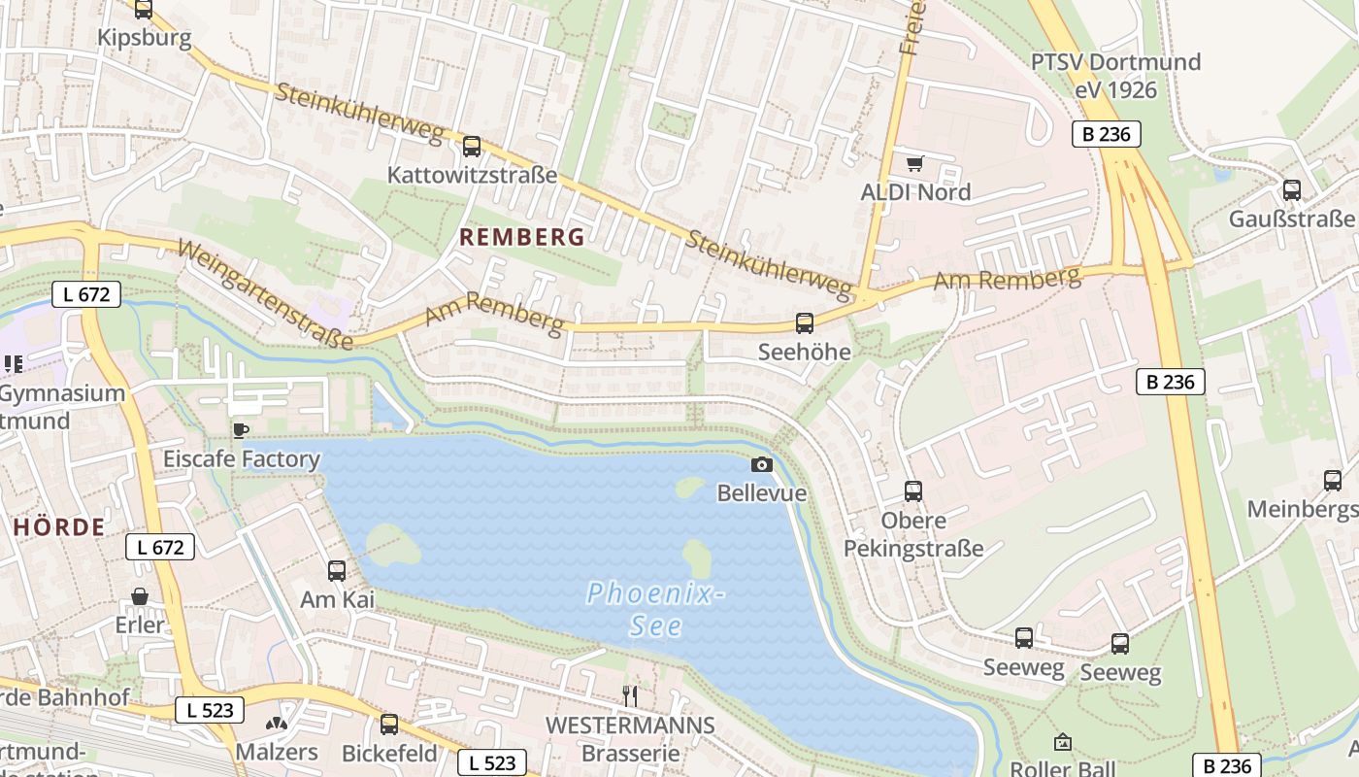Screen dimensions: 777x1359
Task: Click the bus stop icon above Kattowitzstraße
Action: pos(472,147)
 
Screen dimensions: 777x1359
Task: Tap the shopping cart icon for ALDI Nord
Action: pos(914,163)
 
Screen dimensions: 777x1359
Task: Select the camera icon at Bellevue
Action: pos(762,464)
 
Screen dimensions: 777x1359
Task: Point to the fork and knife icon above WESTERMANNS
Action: pos(630,694)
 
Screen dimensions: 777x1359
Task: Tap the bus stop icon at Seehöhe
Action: pos(805,322)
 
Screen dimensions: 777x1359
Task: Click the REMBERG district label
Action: pos(522,237)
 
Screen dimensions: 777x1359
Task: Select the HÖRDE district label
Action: pos(59,527)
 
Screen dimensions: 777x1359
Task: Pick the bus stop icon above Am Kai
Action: pos(337,570)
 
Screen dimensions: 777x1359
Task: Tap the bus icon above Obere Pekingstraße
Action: pos(913,490)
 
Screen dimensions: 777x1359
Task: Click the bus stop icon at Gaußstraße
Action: pos(1292,189)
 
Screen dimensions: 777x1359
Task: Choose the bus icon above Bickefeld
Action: pos(389,724)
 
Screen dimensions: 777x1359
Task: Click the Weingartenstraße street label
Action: pos(264,294)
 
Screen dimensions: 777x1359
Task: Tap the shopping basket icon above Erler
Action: pos(140,595)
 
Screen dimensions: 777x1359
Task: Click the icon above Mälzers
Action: pos(277,724)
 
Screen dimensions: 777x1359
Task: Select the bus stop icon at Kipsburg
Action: pos(144,10)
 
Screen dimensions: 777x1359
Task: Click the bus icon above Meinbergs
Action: pos(1333,480)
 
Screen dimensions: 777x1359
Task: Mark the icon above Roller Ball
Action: pos(1063,742)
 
